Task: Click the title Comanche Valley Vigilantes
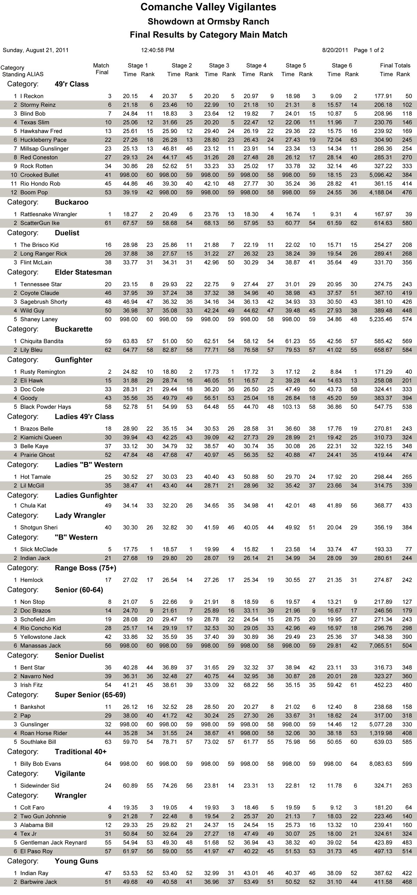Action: click(x=208, y=7)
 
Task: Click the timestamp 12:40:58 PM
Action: click(x=157, y=50)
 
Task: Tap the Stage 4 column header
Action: click(x=256, y=66)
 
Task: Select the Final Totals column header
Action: click(x=395, y=66)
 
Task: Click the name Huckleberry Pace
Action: click(x=43, y=140)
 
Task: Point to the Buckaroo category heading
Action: click(x=72, y=202)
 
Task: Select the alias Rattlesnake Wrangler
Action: click(x=49, y=214)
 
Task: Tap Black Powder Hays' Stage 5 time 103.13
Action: click(x=291, y=407)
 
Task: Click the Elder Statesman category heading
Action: click(x=83, y=272)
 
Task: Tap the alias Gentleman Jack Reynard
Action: click(x=54, y=843)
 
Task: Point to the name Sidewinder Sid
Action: click(x=40, y=786)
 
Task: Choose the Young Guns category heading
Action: click(x=76, y=861)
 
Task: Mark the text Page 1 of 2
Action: click(x=369, y=50)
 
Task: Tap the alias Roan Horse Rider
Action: click(x=44, y=733)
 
